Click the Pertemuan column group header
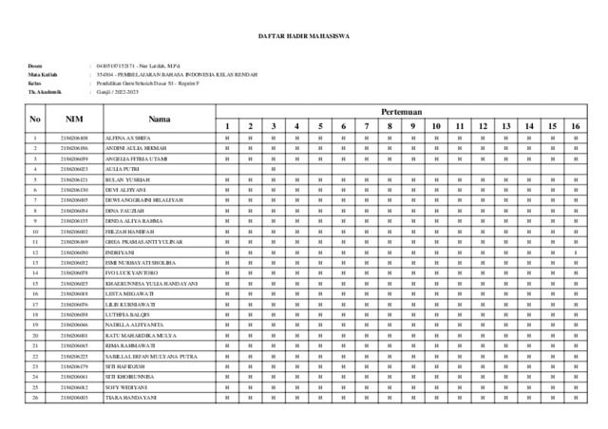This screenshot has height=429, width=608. (x=401, y=111)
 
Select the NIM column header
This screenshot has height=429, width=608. (x=73, y=119)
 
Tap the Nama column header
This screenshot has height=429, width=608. (x=160, y=119)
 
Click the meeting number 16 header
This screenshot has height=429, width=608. (x=575, y=126)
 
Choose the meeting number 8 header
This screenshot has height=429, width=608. (x=389, y=126)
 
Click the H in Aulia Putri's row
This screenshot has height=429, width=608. (x=273, y=168)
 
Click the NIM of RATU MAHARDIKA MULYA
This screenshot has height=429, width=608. (x=73, y=335)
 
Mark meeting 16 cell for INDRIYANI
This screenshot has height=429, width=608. (x=575, y=252)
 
